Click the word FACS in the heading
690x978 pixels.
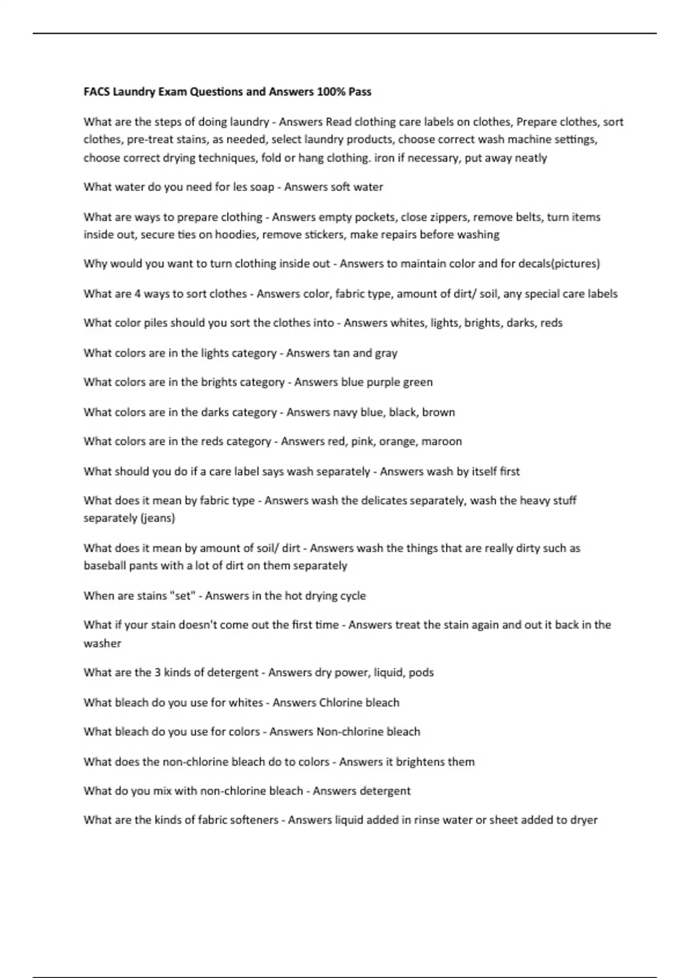[97, 91]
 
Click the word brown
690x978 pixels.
[438, 412]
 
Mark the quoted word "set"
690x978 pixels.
[182, 595]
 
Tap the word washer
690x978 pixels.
[102, 643]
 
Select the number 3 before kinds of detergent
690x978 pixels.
[158, 672]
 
